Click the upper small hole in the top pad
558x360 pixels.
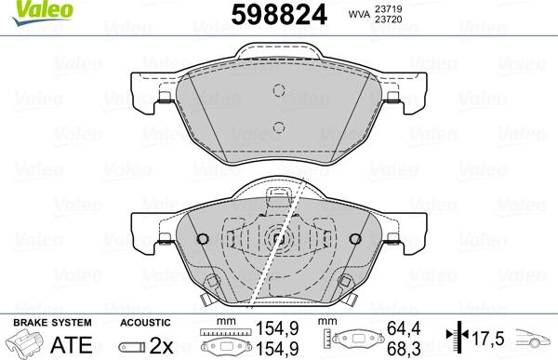(276, 90)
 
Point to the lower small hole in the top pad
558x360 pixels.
(276, 127)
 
